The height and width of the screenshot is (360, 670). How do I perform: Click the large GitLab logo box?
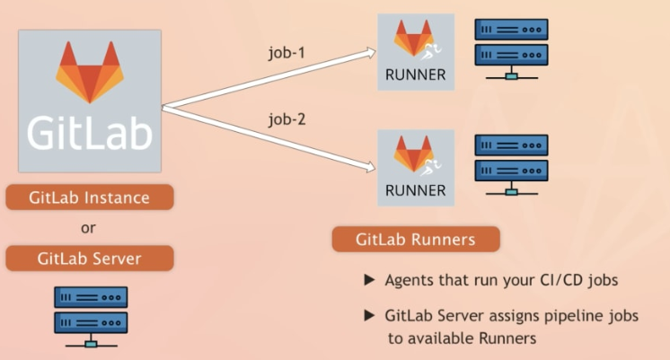coord(90,101)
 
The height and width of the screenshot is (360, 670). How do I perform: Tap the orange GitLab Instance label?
coord(89,197)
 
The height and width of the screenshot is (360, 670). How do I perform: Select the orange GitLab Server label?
coord(89,259)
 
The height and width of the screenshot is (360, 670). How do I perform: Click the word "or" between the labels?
coord(88,228)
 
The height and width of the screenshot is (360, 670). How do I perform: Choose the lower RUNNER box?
coord(415,168)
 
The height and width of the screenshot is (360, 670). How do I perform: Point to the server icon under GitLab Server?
coord(90,316)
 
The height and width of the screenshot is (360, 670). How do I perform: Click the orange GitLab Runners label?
coord(416,240)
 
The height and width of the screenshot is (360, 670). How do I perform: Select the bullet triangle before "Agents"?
coord(368,281)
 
